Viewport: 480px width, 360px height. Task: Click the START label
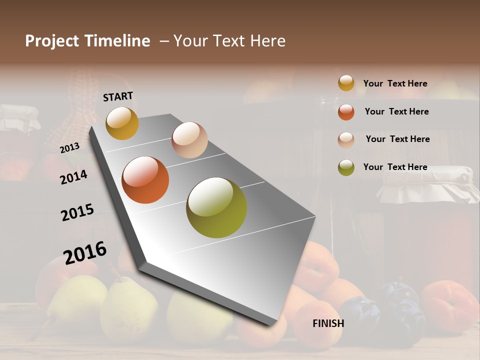click(x=118, y=96)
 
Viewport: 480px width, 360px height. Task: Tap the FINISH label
click(x=328, y=323)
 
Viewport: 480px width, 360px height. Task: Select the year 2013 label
click(x=69, y=148)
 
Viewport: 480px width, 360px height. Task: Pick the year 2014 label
click(x=73, y=177)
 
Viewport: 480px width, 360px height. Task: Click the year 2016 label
click(x=85, y=253)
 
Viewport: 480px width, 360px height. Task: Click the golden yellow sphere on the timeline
click(x=122, y=123)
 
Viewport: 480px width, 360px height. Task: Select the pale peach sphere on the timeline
click(x=189, y=140)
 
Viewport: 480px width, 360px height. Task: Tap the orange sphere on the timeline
click(x=145, y=180)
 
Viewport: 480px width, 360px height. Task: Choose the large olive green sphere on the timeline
click(x=216, y=207)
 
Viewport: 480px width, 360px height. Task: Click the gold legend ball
click(x=346, y=83)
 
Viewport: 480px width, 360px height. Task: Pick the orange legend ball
click(x=346, y=112)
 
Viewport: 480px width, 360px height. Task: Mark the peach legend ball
click(x=346, y=140)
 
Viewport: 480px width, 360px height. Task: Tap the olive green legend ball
click(x=346, y=167)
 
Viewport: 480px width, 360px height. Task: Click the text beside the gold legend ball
click(x=395, y=83)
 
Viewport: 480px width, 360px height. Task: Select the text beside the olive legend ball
click(x=395, y=167)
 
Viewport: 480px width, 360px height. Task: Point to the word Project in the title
click(x=52, y=41)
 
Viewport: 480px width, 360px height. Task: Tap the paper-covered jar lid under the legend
click(x=425, y=185)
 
